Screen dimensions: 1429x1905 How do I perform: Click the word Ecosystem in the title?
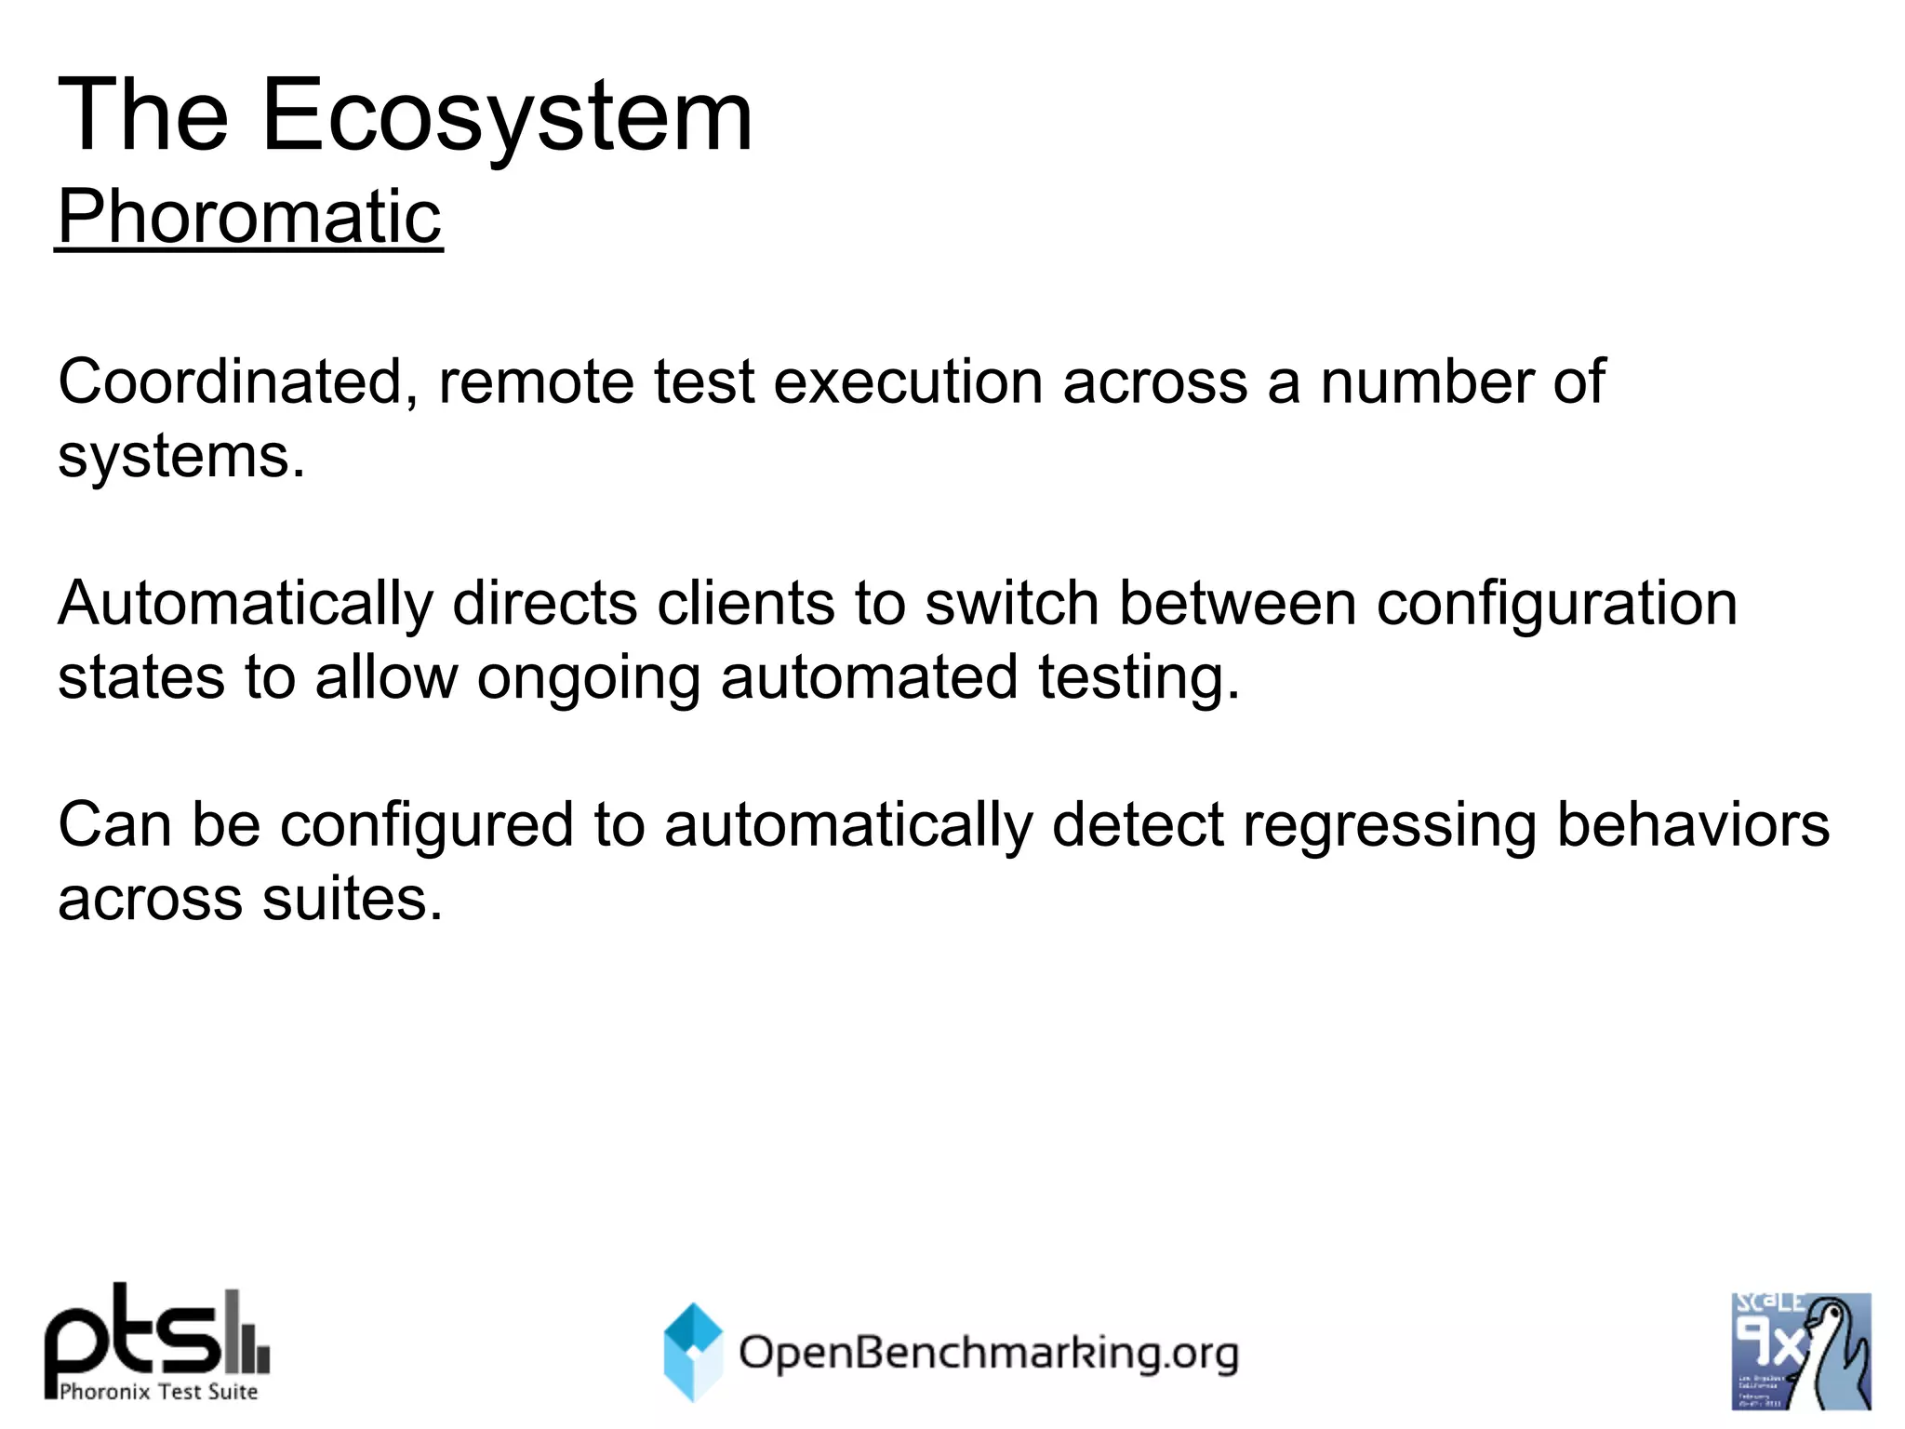[507, 116]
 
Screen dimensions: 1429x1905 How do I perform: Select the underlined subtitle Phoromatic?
[249, 216]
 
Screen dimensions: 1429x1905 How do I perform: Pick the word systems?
[181, 456]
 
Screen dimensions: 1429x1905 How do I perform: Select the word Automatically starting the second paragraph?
[246, 604]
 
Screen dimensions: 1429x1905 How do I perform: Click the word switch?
[1012, 604]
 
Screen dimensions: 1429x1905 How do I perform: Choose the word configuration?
[1556, 604]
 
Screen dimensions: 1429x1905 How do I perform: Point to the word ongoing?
[588, 678]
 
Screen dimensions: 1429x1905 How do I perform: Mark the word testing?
[1139, 678]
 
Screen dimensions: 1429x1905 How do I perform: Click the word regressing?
[1389, 825]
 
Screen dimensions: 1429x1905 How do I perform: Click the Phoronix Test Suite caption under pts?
[158, 1392]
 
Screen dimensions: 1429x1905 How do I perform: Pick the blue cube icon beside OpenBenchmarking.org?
[693, 1351]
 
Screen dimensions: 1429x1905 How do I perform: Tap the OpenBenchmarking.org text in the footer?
[988, 1353]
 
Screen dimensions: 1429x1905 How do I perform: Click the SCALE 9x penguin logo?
[1801, 1351]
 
